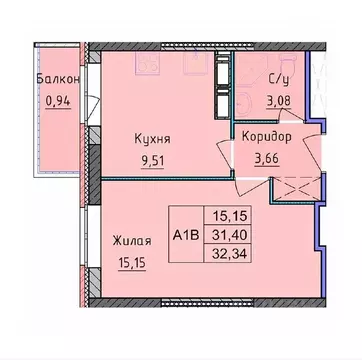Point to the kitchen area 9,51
(151, 160)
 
